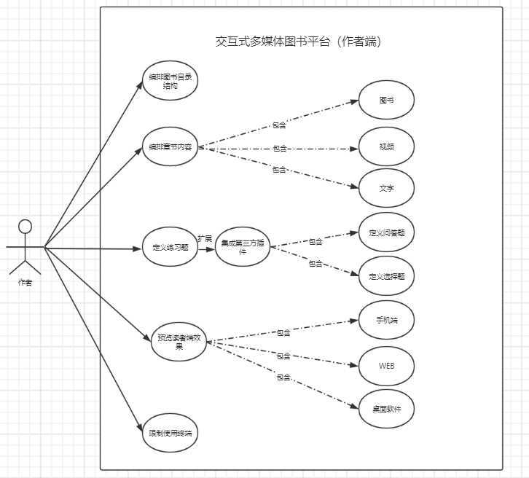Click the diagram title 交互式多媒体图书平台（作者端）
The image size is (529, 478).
point(299,42)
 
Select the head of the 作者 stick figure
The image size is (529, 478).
point(26,225)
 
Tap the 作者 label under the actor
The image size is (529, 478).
point(25,283)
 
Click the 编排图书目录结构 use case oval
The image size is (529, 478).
point(171,80)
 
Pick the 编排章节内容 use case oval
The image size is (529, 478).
point(171,146)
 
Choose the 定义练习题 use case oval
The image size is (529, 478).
point(170,248)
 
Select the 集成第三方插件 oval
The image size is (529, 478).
point(243,248)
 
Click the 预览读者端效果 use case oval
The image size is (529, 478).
point(178,341)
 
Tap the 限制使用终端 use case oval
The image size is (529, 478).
point(170,433)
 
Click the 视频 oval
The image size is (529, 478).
point(387,146)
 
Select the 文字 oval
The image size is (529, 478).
point(387,188)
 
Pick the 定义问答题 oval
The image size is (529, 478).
point(387,233)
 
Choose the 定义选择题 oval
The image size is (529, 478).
point(387,276)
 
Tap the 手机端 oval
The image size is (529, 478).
point(386,319)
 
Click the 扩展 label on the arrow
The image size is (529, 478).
point(205,239)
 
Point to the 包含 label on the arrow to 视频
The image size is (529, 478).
point(280,149)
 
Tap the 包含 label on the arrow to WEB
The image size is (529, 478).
point(283,356)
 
